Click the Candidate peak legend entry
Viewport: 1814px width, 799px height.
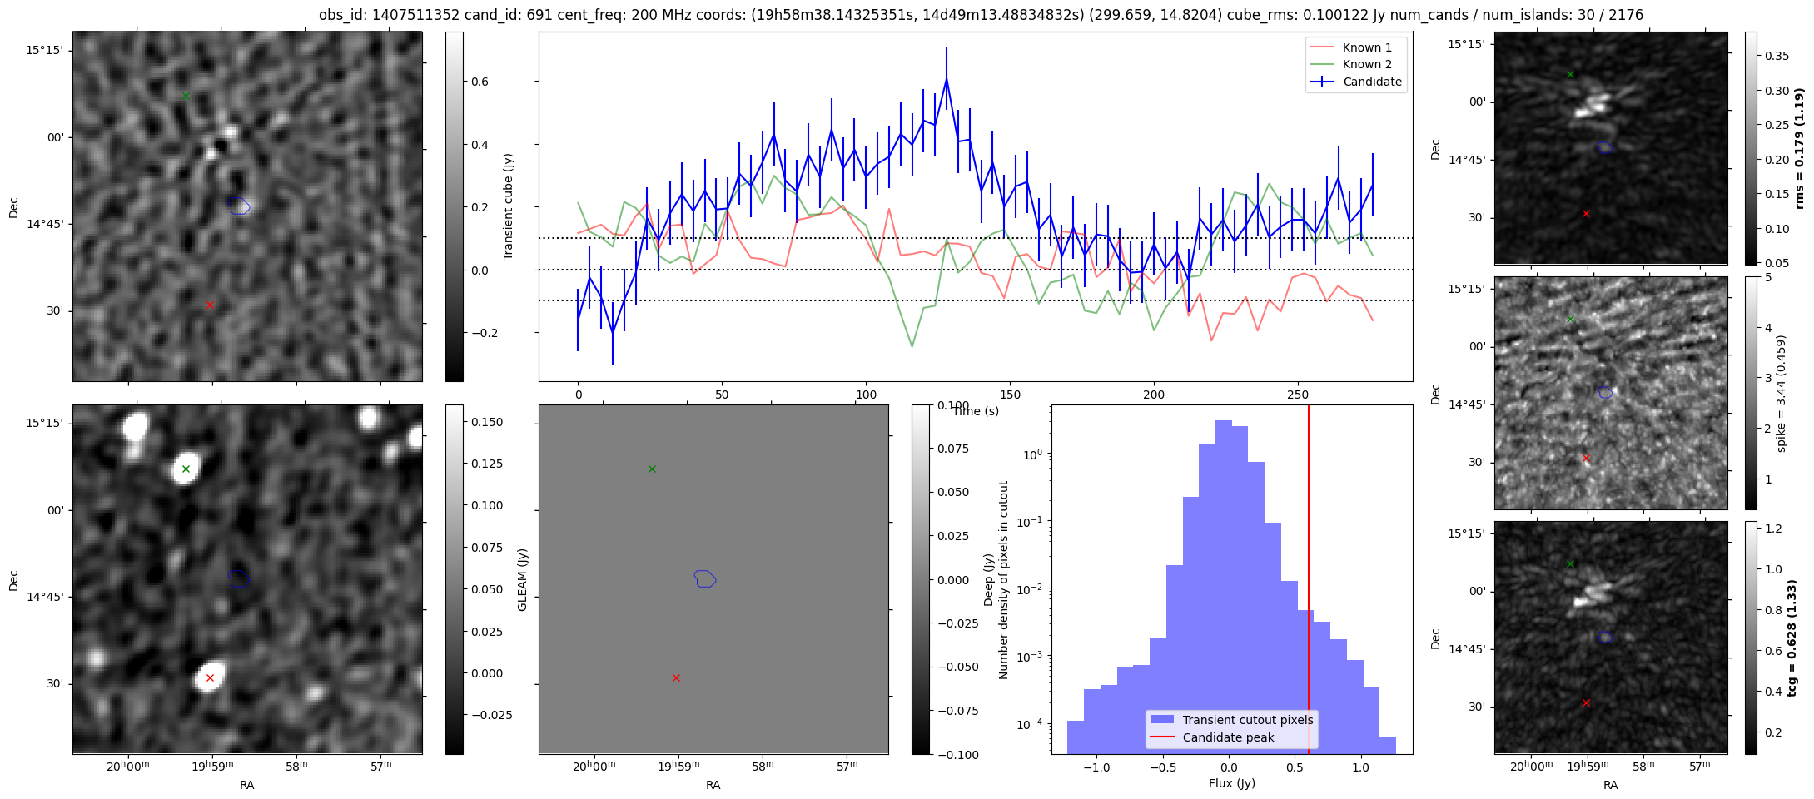pos(1228,737)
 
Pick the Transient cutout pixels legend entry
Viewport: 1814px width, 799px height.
pos(1247,720)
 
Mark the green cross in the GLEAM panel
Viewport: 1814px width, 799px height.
pos(652,469)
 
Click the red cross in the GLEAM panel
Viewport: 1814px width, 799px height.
pos(676,678)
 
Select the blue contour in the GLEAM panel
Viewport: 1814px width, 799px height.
pos(705,578)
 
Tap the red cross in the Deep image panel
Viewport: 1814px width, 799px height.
pos(210,678)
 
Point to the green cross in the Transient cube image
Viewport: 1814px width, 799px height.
pos(186,97)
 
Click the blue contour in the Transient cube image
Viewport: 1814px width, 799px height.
pos(239,206)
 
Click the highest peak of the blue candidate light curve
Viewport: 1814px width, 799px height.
pos(947,79)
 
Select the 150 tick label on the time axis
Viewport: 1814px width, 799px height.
pos(1010,395)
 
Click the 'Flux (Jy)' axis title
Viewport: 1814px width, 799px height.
pos(1231,783)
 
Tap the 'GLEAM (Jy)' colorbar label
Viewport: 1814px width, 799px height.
pos(523,579)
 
